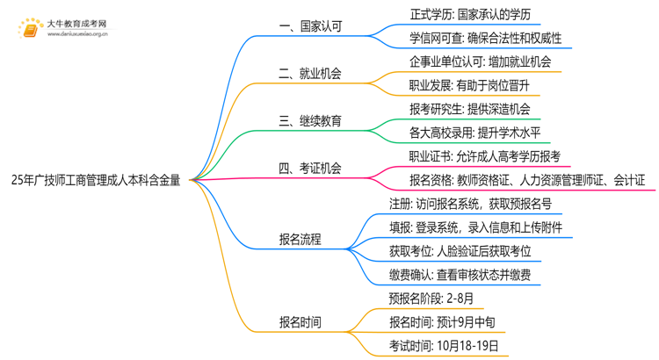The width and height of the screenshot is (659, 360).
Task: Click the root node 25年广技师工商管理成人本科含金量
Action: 97,182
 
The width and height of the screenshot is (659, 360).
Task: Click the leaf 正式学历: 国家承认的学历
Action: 469,15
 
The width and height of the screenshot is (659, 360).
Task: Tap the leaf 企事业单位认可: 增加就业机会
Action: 480,62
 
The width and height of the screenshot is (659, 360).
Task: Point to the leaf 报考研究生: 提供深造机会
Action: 469,110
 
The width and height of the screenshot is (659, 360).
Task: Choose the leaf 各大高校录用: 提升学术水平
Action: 474,133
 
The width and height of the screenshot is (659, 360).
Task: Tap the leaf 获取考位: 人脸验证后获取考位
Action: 460,251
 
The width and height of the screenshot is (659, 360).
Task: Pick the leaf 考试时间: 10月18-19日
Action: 448,346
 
